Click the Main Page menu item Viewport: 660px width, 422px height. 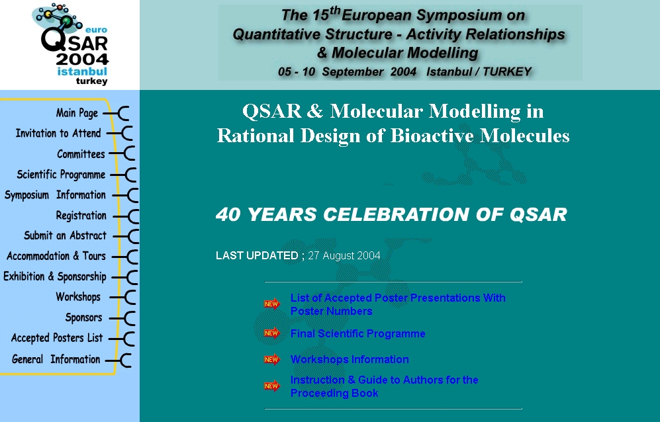click(x=77, y=112)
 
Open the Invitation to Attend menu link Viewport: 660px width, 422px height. click(x=58, y=134)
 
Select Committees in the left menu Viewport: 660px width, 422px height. click(x=81, y=154)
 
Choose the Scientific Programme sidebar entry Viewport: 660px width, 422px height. click(x=61, y=175)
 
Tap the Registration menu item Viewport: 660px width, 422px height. click(x=81, y=216)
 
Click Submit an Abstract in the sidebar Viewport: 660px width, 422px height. click(x=66, y=235)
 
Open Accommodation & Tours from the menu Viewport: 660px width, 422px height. click(x=56, y=256)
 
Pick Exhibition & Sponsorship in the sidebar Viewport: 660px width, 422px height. click(x=55, y=276)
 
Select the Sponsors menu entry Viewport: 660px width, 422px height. click(x=84, y=317)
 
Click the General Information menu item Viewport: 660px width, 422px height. click(x=56, y=359)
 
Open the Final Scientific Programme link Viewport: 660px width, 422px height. click(x=357, y=333)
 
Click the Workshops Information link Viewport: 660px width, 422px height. click(x=350, y=359)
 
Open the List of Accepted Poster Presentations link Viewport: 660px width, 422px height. click(x=398, y=304)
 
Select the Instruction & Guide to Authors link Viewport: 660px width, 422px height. click(x=385, y=386)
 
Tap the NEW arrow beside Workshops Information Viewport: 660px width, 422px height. click(x=272, y=359)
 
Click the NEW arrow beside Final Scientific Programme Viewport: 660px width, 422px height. click(x=272, y=333)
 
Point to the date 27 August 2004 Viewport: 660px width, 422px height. click(x=344, y=255)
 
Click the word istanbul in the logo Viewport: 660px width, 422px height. click(x=82, y=71)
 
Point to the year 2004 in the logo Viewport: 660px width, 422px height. click(x=82, y=59)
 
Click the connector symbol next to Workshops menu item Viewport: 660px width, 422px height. click(x=124, y=297)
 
